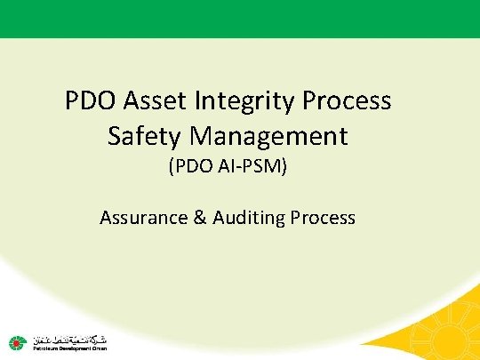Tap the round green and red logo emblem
pos(17,341)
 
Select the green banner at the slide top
pos(240,18)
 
